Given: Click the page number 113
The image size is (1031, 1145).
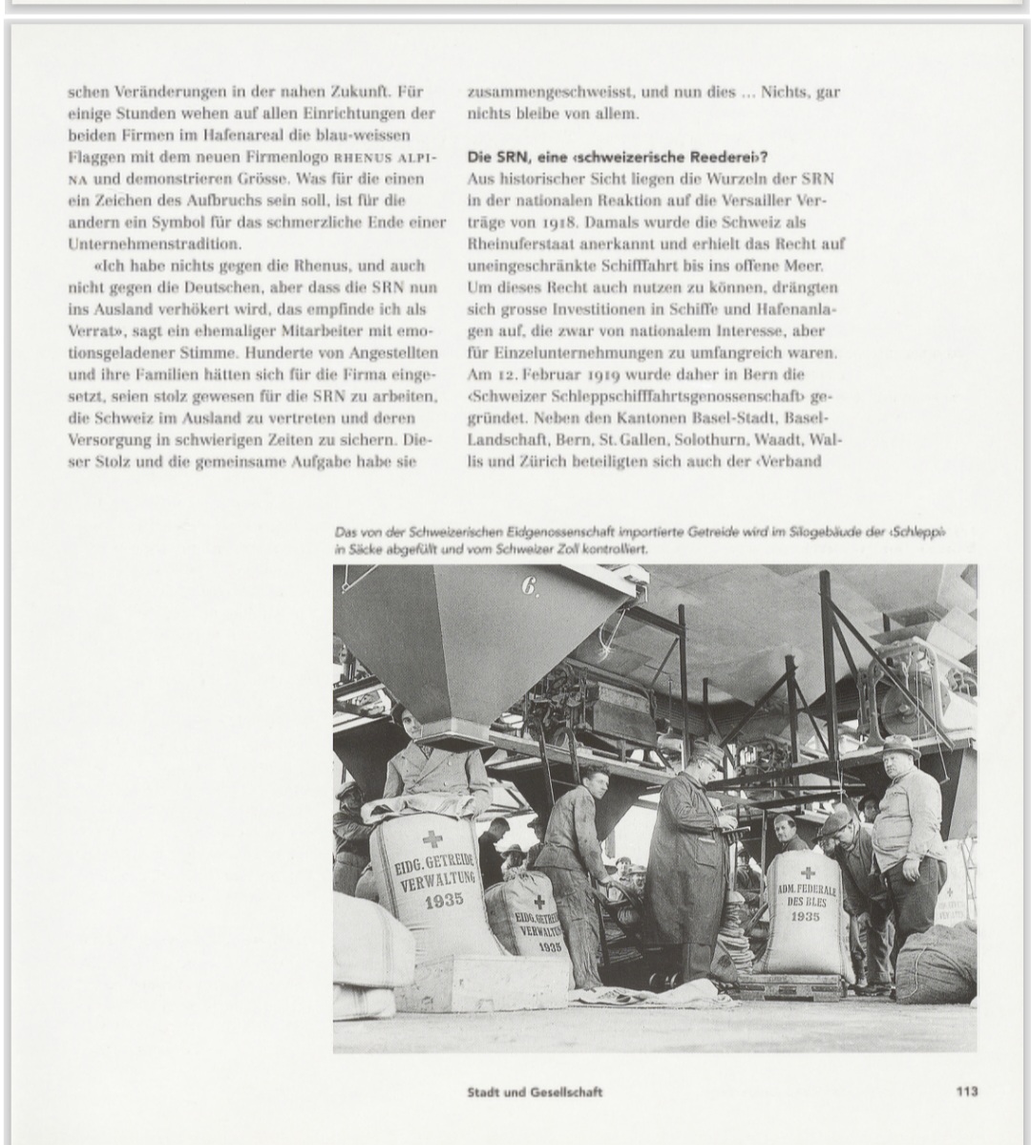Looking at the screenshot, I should click(966, 1091).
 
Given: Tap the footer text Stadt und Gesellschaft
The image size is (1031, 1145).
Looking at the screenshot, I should click(535, 1092).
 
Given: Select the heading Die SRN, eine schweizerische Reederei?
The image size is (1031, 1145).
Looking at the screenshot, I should click(618, 157).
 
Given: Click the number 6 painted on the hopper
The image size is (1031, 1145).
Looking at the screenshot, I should click(529, 586).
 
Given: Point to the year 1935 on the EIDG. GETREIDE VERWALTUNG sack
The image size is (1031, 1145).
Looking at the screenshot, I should click(444, 900).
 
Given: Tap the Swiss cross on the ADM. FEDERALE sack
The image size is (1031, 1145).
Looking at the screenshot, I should click(808, 872).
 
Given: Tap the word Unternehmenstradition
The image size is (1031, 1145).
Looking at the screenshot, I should click(154, 244).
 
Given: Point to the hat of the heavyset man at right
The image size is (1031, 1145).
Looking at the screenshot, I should click(899, 744).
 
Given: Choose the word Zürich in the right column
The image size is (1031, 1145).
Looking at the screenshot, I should click(518, 462).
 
